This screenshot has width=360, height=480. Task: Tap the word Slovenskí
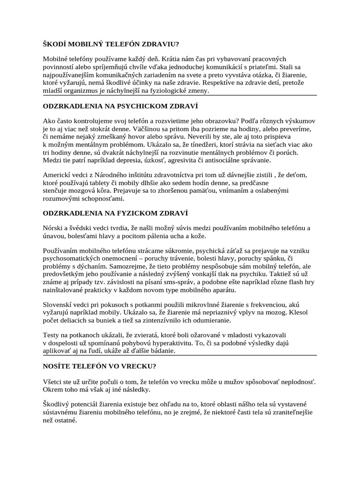(x=58, y=305)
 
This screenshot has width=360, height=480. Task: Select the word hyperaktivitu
(x=171, y=344)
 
